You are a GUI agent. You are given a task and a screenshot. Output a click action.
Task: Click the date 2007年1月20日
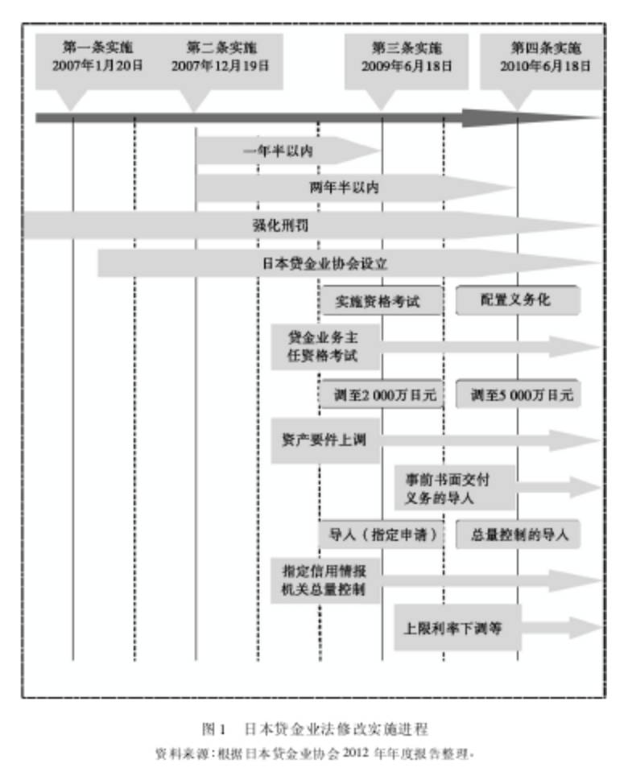[97, 65]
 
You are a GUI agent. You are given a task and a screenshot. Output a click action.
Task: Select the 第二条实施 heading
[221, 47]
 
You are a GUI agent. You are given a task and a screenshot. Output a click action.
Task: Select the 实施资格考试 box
[382, 301]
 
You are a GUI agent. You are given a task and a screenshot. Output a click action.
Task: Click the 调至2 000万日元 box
[382, 395]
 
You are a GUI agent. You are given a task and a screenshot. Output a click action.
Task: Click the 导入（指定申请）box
[382, 533]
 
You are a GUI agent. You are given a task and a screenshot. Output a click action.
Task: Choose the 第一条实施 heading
[97, 47]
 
